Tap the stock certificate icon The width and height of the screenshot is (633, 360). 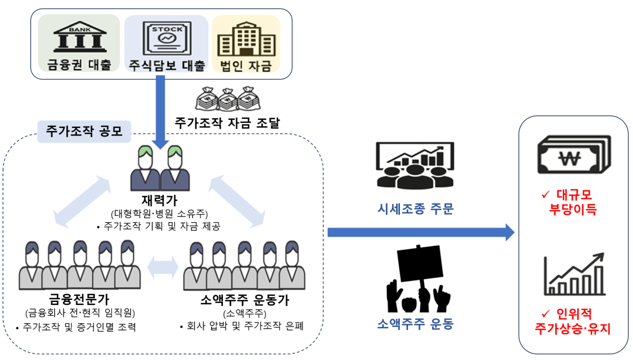(166, 39)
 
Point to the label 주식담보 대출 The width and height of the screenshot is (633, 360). (167, 66)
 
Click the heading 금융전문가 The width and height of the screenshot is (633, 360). (80, 299)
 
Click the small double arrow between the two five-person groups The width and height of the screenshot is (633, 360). (162, 266)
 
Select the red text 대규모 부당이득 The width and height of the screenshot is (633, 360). (574, 202)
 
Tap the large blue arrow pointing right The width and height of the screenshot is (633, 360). (421, 233)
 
